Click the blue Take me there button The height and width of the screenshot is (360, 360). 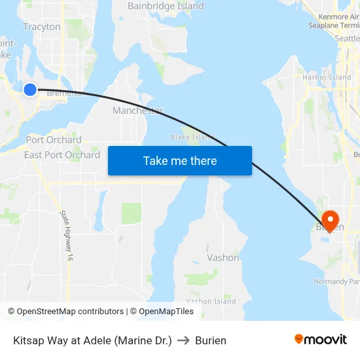click(x=180, y=160)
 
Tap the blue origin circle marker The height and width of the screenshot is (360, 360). click(x=29, y=89)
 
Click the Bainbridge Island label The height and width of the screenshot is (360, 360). click(x=166, y=6)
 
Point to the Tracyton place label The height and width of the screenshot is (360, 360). click(x=41, y=27)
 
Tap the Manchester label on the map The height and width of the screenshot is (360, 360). click(x=137, y=111)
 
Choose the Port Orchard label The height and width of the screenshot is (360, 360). click(x=54, y=139)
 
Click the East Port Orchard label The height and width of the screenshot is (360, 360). click(x=62, y=155)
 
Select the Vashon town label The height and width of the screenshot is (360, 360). click(x=223, y=257)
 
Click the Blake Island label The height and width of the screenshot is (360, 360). click(x=192, y=137)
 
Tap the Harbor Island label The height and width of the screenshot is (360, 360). click(x=327, y=77)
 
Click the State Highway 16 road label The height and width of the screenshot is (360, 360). click(x=65, y=236)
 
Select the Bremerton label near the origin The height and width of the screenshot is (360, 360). click(x=67, y=93)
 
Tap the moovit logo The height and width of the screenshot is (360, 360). click(x=320, y=339)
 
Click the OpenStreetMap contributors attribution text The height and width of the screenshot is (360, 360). click(x=70, y=312)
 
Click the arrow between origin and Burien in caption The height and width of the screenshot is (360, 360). click(x=183, y=340)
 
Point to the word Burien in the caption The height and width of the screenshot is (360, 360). click(x=211, y=340)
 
